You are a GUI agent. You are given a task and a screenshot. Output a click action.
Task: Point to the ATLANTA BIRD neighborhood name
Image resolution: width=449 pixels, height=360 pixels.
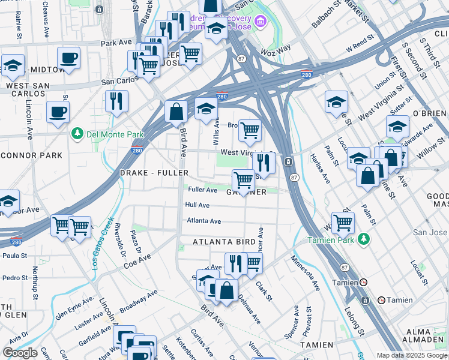(x=224, y=242)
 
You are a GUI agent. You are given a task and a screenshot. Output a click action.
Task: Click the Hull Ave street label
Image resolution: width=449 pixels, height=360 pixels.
(x=197, y=205)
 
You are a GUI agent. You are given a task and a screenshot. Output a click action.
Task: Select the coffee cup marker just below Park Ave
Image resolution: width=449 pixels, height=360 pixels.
(x=68, y=58)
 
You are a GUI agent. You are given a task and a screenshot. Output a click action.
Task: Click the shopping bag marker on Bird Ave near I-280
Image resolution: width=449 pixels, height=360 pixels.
(x=176, y=112)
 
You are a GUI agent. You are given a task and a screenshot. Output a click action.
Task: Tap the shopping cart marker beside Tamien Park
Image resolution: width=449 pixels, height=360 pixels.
(x=343, y=222)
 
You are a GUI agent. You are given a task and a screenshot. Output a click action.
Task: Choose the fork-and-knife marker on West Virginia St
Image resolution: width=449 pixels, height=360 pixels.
(x=264, y=162)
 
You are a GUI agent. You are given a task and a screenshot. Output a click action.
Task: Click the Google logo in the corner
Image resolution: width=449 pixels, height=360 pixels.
(x=20, y=353)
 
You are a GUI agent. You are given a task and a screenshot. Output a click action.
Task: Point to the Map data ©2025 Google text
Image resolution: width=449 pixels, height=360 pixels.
(x=412, y=355)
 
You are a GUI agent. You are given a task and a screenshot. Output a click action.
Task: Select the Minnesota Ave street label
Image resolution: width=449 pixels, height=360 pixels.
(x=305, y=274)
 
